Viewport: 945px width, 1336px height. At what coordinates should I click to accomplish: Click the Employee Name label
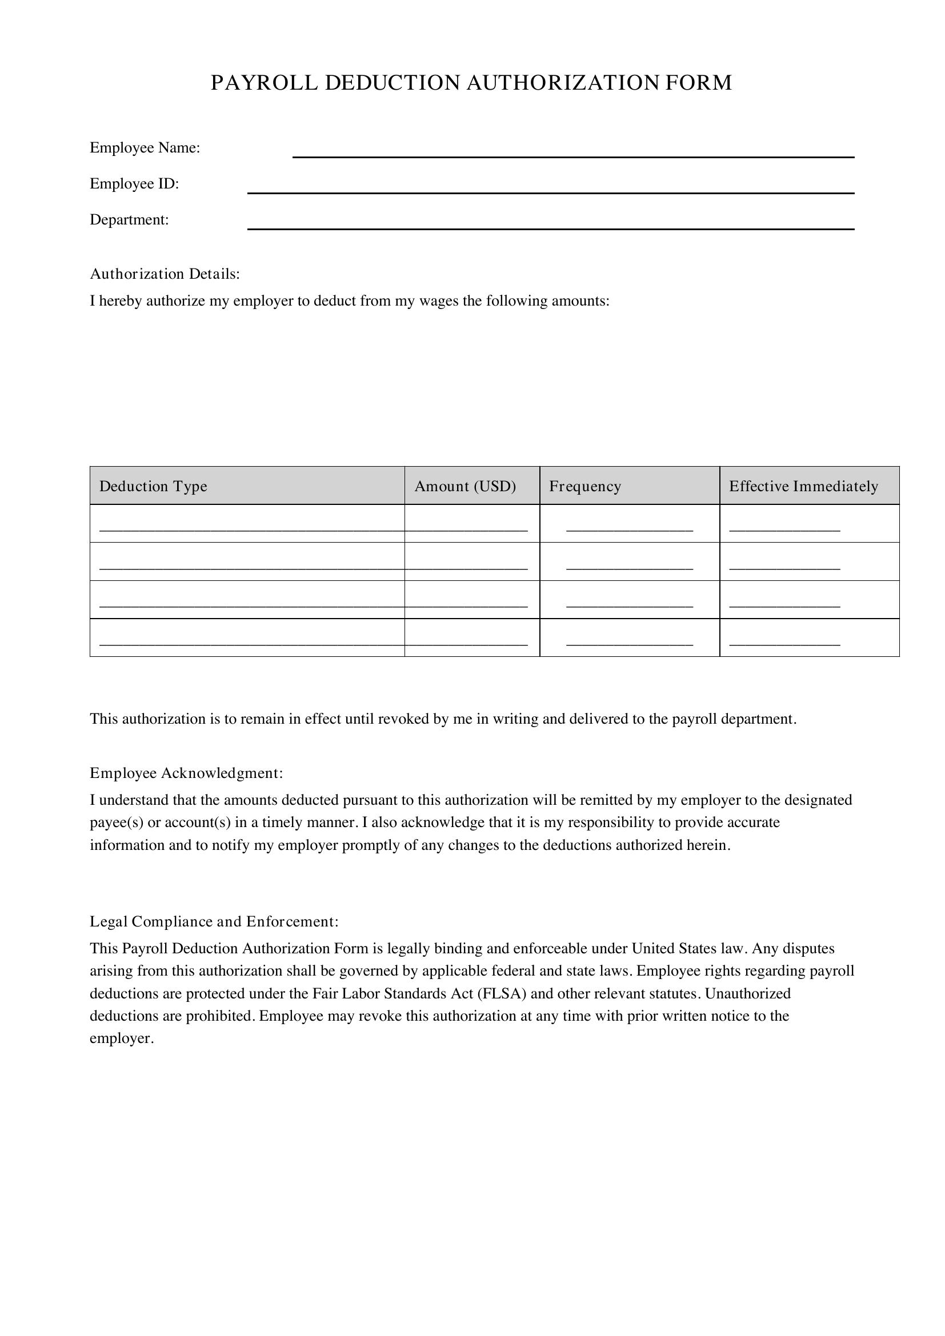[145, 148]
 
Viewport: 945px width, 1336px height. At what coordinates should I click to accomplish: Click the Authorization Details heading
[165, 274]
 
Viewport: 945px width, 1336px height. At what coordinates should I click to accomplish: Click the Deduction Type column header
[153, 486]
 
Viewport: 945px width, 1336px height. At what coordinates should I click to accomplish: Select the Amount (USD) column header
[465, 486]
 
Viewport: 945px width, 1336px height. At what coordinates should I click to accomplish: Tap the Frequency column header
[585, 486]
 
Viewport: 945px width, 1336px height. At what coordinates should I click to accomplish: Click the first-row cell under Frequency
[629, 523]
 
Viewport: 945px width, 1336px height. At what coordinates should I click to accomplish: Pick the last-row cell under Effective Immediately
[809, 637]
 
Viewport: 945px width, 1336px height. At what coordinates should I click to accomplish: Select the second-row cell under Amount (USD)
[472, 561]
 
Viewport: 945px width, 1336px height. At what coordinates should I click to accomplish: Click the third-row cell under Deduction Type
[247, 599]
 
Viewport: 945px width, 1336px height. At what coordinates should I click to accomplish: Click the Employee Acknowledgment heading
[186, 773]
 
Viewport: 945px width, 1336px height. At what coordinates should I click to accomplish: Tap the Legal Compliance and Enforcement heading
[214, 921]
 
